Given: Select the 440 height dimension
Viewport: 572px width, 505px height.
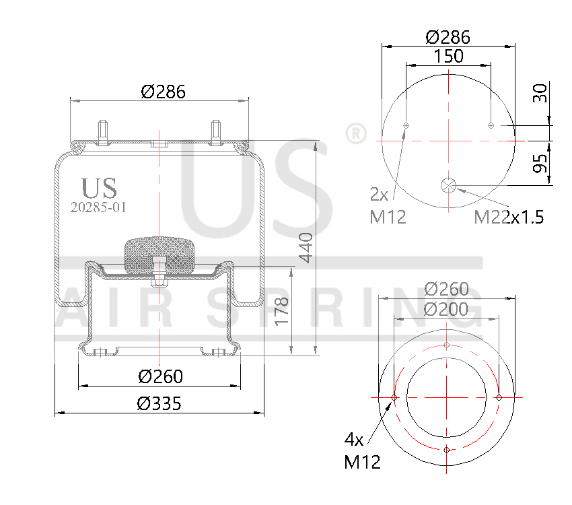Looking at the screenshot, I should (x=306, y=248).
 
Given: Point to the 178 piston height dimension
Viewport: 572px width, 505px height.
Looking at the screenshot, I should (x=282, y=310).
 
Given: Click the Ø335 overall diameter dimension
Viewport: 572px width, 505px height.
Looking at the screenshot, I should (x=159, y=403).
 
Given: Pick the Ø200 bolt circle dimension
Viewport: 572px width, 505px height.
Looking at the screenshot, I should (x=446, y=309).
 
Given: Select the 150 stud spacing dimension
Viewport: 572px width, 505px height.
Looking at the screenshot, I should (x=448, y=57).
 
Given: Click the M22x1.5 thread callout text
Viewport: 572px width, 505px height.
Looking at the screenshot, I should (x=509, y=217).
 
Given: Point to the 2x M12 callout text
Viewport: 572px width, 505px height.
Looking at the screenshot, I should (x=388, y=206).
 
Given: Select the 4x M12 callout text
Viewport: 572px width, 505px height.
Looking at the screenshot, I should (x=363, y=451).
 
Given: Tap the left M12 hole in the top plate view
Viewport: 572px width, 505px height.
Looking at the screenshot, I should (x=406, y=125).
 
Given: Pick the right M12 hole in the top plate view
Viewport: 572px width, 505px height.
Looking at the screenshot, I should (x=491, y=125).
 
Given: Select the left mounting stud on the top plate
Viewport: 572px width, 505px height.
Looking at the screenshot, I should (x=104, y=131).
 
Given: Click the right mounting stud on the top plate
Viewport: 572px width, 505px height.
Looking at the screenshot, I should (x=216, y=131).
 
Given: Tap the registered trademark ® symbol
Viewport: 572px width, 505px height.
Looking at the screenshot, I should (x=354, y=133).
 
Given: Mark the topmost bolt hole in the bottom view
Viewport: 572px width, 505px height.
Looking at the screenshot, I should (x=447, y=345).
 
